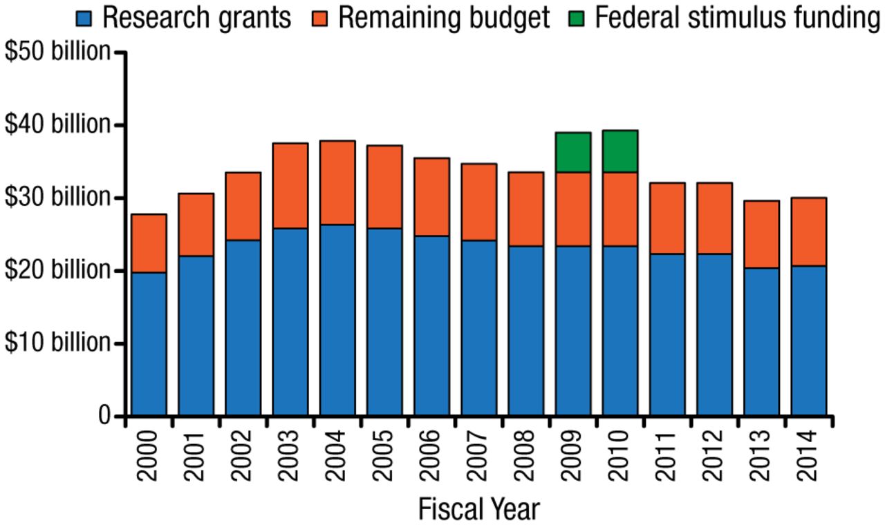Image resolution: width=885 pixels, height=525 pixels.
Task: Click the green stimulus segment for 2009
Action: pyautogui.click(x=573, y=152)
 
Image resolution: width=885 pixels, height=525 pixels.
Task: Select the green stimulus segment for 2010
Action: pyautogui.click(x=620, y=151)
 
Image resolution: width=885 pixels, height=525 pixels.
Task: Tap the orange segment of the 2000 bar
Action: pyautogui.click(x=149, y=243)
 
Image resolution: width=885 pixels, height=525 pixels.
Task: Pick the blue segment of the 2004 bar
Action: pyautogui.click(x=337, y=320)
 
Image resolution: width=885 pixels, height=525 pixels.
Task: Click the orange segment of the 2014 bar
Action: pyautogui.click(x=809, y=231)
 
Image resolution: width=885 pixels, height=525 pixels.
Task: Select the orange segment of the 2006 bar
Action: pyautogui.click(x=431, y=197)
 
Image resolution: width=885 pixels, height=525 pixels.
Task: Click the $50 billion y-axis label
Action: pyautogui.click(x=57, y=52)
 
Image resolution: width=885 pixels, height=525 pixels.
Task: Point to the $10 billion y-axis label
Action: pyautogui.click(x=57, y=343)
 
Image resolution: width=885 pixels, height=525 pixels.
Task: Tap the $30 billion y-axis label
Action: pyautogui.click(x=57, y=198)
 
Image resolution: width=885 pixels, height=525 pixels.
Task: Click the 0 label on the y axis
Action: pyautogui.click(x=104, y=416)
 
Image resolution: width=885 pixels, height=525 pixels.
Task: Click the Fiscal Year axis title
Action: pyautogui.click(x=478, y=510)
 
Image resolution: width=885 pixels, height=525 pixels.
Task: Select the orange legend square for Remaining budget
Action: pyautogui.click(x=325, y=17)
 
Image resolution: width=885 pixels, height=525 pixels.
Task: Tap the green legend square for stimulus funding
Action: pyautogui.click(x=581, y=17)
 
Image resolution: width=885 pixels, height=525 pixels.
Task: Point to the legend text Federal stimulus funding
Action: pyautogui.click(x=737, y=17)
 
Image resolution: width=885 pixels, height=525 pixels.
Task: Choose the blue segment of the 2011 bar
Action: pyautogui.click(x=667, y=335)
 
